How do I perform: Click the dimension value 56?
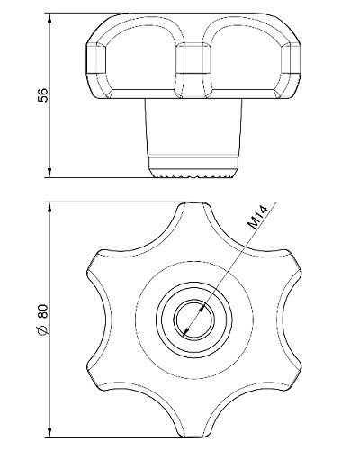(x=43, y=95)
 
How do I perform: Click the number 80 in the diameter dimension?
(x=43, y=311)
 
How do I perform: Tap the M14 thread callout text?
(x=257, y=218)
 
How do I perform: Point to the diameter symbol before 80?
(x=43, y=329)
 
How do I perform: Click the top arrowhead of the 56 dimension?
(x=49, y=17)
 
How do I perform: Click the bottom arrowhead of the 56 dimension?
(x=49, y=173)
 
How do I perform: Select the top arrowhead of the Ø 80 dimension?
(x=49, y=207)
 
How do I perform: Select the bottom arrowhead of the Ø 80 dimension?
(x=49, y=432)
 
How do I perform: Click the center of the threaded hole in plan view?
(x=194, y=319)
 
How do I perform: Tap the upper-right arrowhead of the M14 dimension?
(x=203, y=308)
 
